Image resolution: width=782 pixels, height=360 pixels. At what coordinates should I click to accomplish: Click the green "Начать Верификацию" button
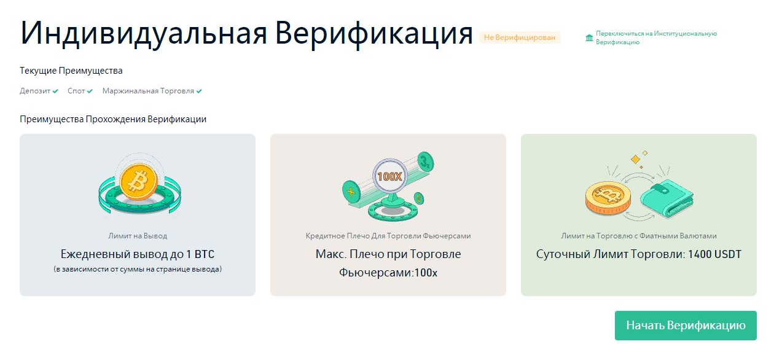(x=686, y=326)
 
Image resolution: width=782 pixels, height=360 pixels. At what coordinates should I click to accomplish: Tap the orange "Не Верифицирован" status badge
(x=520, y=37)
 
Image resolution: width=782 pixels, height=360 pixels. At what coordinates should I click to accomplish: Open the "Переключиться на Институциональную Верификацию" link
(x=656, y=37)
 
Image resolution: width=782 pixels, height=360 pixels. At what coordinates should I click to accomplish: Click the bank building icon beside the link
(x=589, y=37)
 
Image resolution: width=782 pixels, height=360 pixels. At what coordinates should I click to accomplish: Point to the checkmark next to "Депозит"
(x=55, y=91)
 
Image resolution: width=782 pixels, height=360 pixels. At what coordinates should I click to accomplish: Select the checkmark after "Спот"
(x=90, y=91)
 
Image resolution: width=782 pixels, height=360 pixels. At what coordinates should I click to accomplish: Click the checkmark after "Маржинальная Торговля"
(x=199, y=91)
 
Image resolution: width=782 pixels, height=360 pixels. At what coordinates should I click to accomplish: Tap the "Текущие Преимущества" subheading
(x=71, y=71)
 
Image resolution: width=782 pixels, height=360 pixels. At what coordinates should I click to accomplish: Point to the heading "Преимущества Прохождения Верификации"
(x=113, y=119)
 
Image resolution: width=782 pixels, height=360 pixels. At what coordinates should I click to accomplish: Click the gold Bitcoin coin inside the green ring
(x=139, y=182)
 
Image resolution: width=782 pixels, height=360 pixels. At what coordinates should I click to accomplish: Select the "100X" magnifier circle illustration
(x=389, y=176)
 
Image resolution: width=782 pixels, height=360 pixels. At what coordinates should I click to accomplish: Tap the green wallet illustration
(x=667, y=198)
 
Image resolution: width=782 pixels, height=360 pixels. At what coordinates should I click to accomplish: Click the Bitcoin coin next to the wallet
(x=608, y=198)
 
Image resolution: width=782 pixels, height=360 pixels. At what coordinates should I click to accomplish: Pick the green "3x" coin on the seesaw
(x=425, y=162)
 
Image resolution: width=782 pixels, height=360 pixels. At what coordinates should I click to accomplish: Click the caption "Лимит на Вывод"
(x=138, y=236)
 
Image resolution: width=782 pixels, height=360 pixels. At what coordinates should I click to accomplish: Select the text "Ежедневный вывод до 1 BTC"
(x=138, y=254)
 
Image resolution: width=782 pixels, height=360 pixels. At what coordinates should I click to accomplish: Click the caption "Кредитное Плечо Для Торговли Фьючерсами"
(x=388, y=236)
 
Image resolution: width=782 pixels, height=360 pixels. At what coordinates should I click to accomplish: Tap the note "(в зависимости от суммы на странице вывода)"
(x=138, y=269)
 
